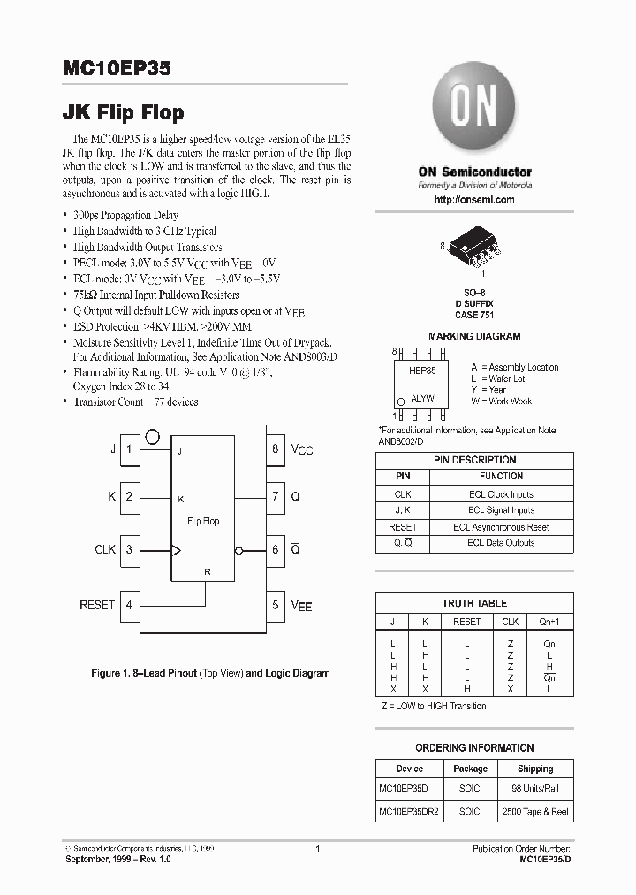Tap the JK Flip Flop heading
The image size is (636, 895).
click(x=124, y=112)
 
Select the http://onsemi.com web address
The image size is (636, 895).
click(x=474, y=200)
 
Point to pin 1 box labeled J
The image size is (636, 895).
click(x=129, y=448)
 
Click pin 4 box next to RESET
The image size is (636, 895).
click(x=129, y=605)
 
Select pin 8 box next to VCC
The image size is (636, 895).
click(x=276, y=448)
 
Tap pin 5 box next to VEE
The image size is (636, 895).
click(x=276, y=605)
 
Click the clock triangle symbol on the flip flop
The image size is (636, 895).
click(x=176, y=550)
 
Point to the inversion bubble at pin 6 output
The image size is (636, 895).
click(x=239, y=550)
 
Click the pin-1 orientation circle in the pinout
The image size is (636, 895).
click(x=152, y=436)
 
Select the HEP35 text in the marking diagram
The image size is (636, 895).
click(x=422, y=371)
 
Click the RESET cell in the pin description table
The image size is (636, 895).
click(x=403, y=526)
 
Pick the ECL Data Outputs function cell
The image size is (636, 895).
click(x=501, y=542)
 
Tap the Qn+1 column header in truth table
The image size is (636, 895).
click(x=549, y=622)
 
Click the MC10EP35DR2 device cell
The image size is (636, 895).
click(x=409, y=811)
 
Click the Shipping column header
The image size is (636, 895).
click(x=535, y=769)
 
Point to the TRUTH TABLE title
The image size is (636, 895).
click(x=474, y=603)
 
